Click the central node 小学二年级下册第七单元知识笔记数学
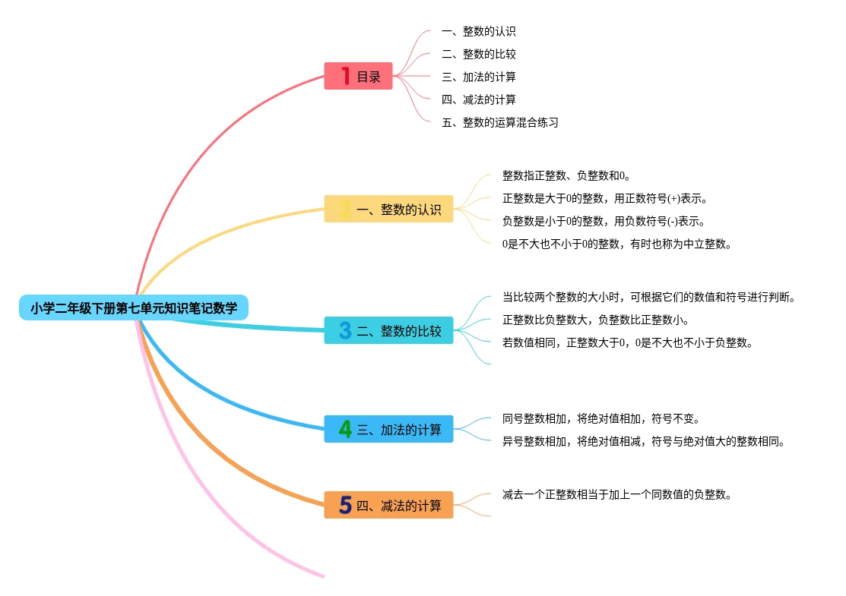coord(134,308)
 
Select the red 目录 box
coord(358,76)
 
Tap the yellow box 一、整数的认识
coord(388,209)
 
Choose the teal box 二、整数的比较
coord(388,330)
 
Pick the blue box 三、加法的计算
coord(388,429)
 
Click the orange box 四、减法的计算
coord(388,505)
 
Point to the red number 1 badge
coord(346,76)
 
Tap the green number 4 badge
coord(345,429)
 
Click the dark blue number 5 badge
coord(345,505)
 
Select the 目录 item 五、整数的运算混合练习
coord(500,122)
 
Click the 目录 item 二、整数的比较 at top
coord(479,54)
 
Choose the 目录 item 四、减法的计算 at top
coord(479,99)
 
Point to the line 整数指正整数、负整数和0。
coord(566,175)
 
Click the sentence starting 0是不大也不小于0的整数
coord(617,244)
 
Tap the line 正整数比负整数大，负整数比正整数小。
coord(596,320)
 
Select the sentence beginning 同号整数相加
coord(600,418)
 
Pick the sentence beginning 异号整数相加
coord(643,441)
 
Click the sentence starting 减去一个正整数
coord(616,494)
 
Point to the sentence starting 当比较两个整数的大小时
coord(648,297)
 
